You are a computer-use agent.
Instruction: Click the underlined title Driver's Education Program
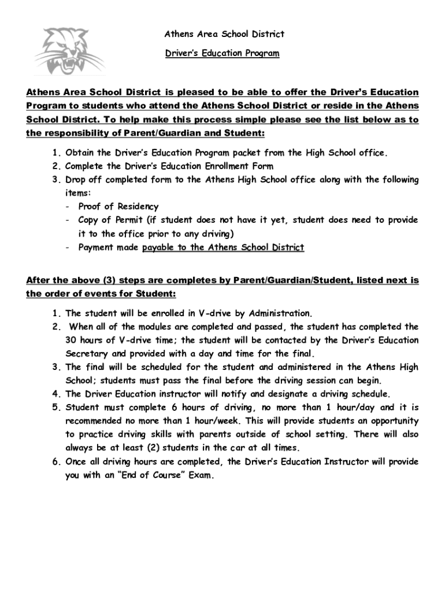tap(222, 54)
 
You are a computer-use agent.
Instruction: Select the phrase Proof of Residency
tap(118, 207)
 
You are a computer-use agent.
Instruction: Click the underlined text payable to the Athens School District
tap(223, 248)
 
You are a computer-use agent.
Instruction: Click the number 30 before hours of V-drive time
tap(71, 340)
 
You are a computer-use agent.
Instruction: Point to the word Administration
tap(280, 313)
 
